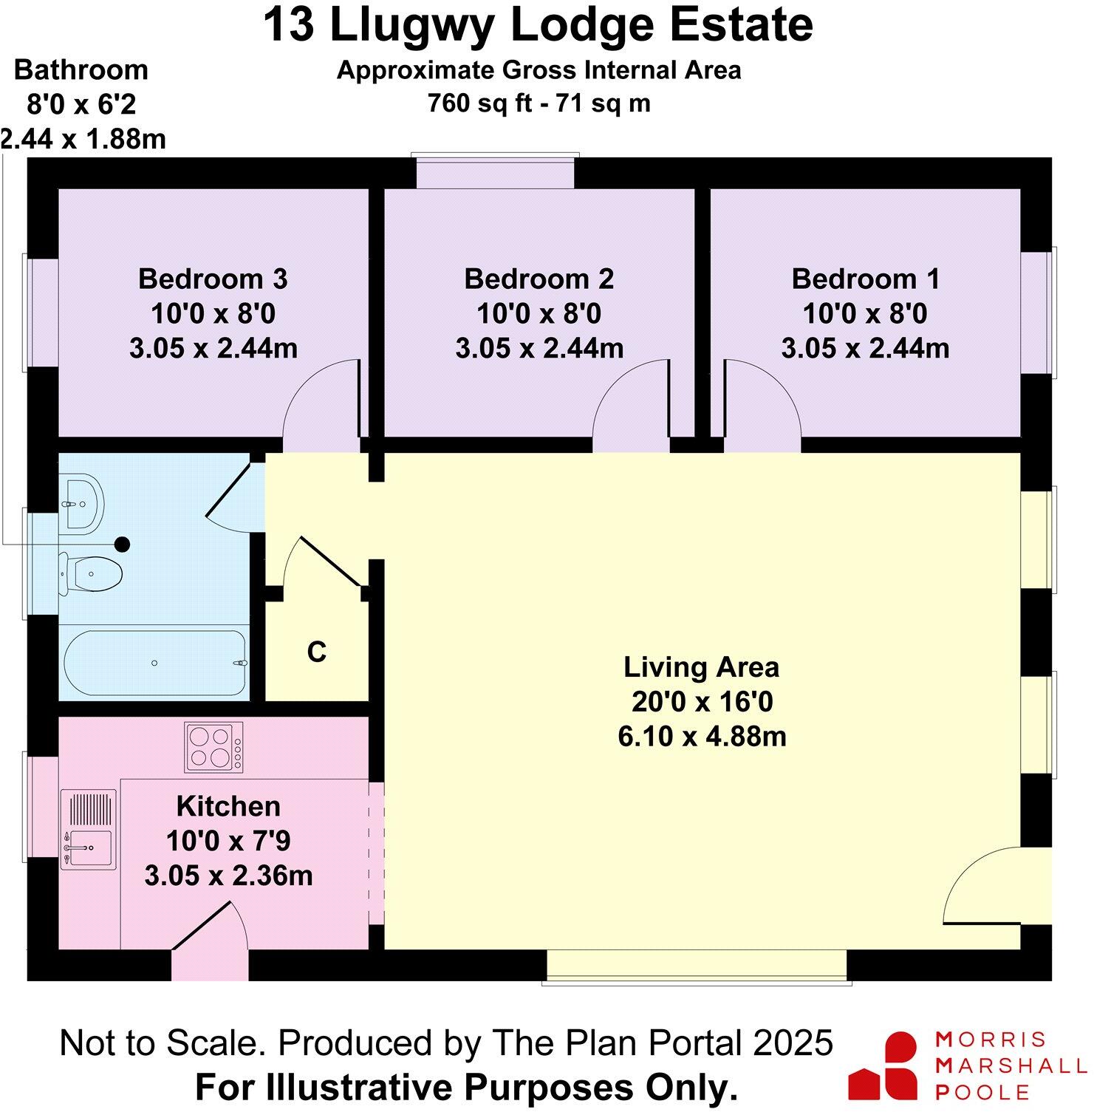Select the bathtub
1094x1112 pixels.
(154, 663)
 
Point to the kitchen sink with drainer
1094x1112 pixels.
(88, 830)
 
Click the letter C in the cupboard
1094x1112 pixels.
(316, 652)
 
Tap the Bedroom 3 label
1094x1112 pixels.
(213, 279)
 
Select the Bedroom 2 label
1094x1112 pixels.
(539, 279)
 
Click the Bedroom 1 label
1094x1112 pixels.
(865, 279)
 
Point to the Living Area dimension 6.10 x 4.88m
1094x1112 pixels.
(702, 737)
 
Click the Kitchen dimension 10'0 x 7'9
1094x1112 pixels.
(228, 841)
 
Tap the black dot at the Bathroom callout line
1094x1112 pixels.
(122, 545)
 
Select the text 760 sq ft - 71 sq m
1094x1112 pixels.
(539, 103)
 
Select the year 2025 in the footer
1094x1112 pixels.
(793, 1043)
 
